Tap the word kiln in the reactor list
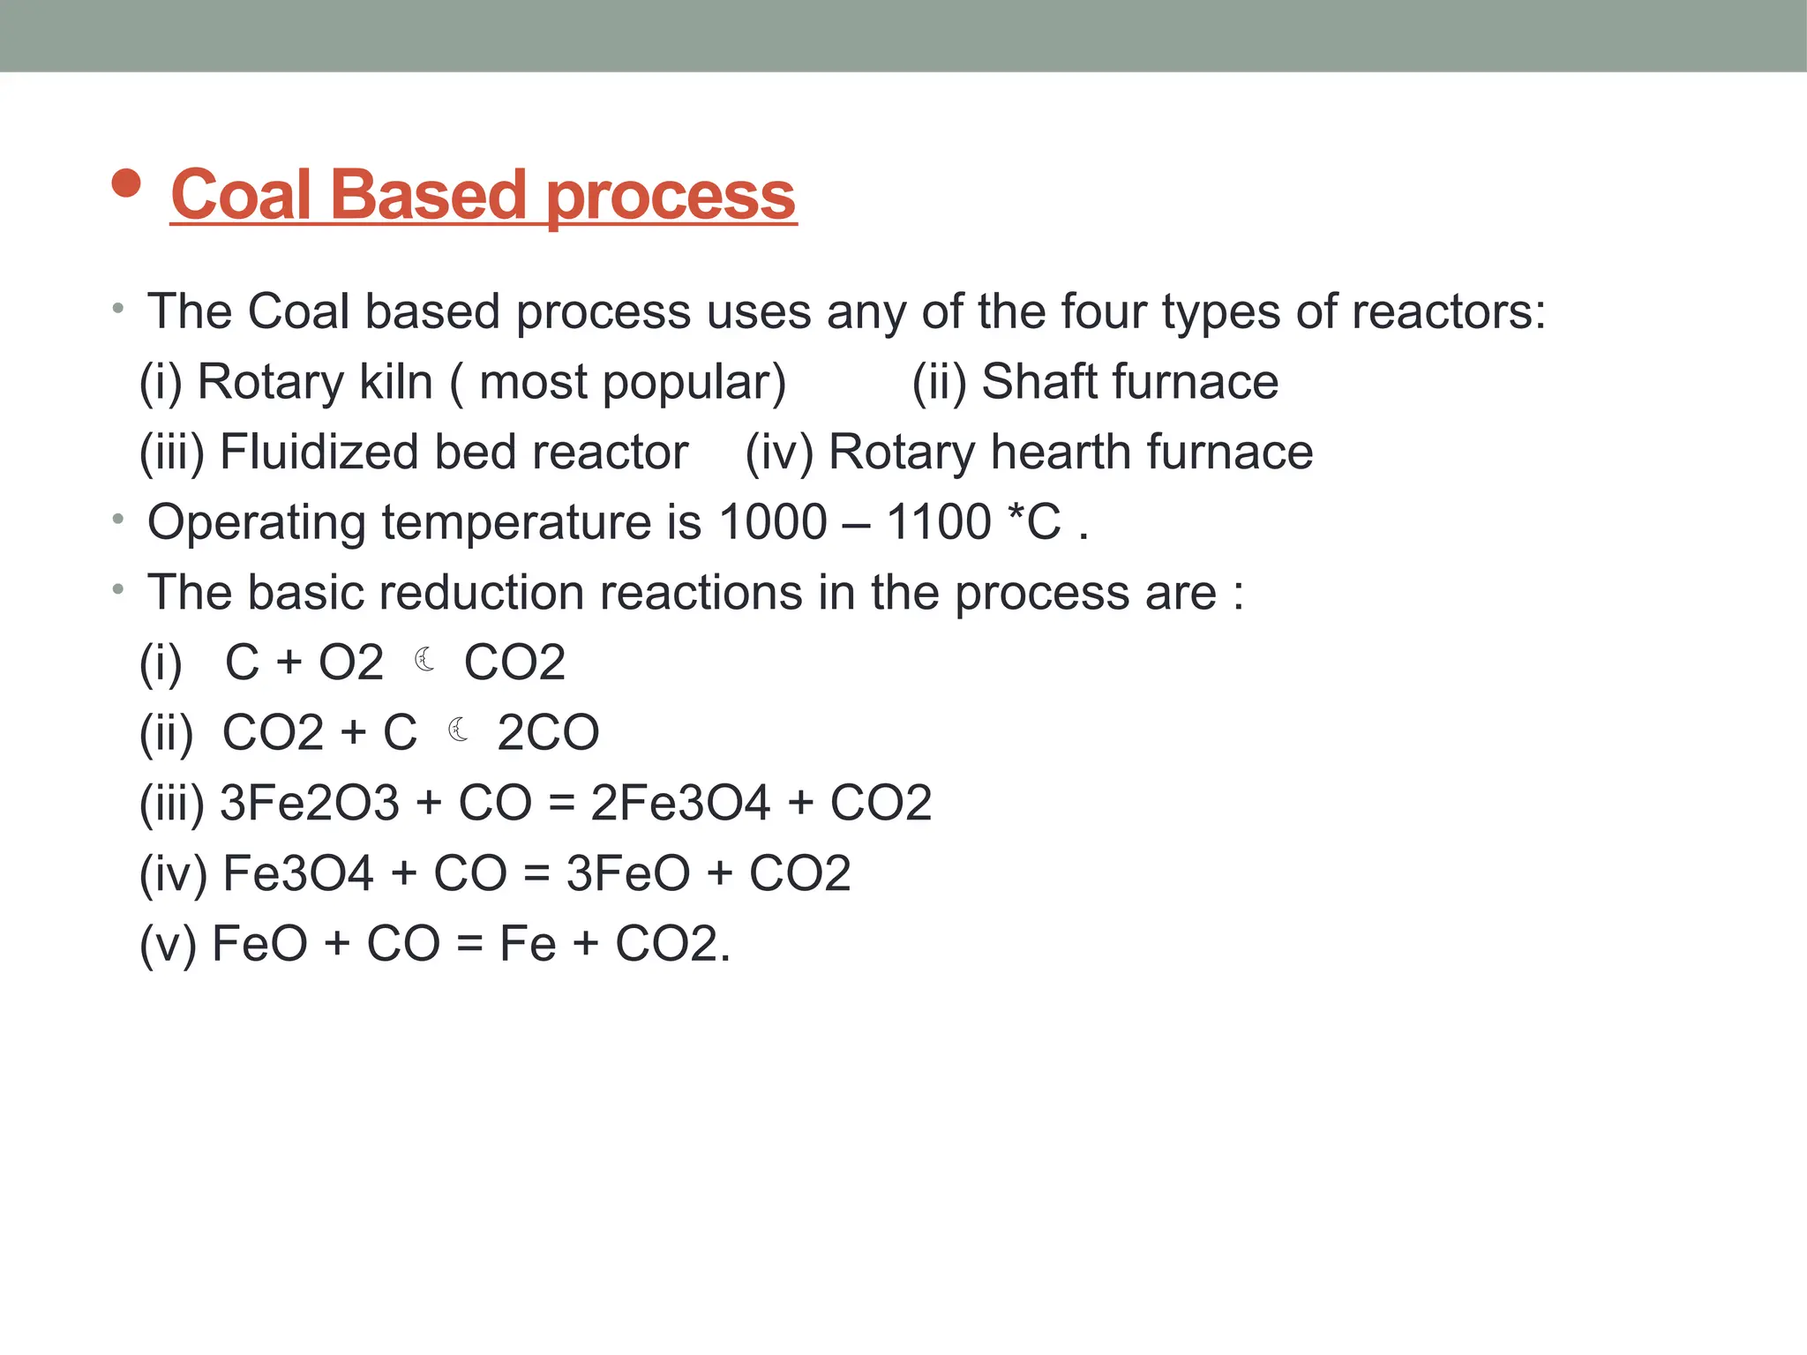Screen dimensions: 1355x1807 click(394, 382)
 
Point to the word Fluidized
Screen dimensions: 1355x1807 click(318, 453)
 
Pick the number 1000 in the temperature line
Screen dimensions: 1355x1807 click(772, 522)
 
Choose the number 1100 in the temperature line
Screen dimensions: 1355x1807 click(939, 522)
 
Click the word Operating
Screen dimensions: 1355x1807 click(256, 523)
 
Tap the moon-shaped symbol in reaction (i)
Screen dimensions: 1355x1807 click(424, 660)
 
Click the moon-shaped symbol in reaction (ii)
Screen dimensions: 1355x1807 click(458, 730)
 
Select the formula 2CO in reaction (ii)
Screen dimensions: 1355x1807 click(548, 733)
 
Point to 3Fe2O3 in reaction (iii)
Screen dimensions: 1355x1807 click(309, 804)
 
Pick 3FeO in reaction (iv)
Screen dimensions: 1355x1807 click(628, 874)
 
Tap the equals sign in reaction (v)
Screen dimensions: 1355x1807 click(470, 945)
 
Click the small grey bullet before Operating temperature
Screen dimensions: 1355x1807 click(118, 520)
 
